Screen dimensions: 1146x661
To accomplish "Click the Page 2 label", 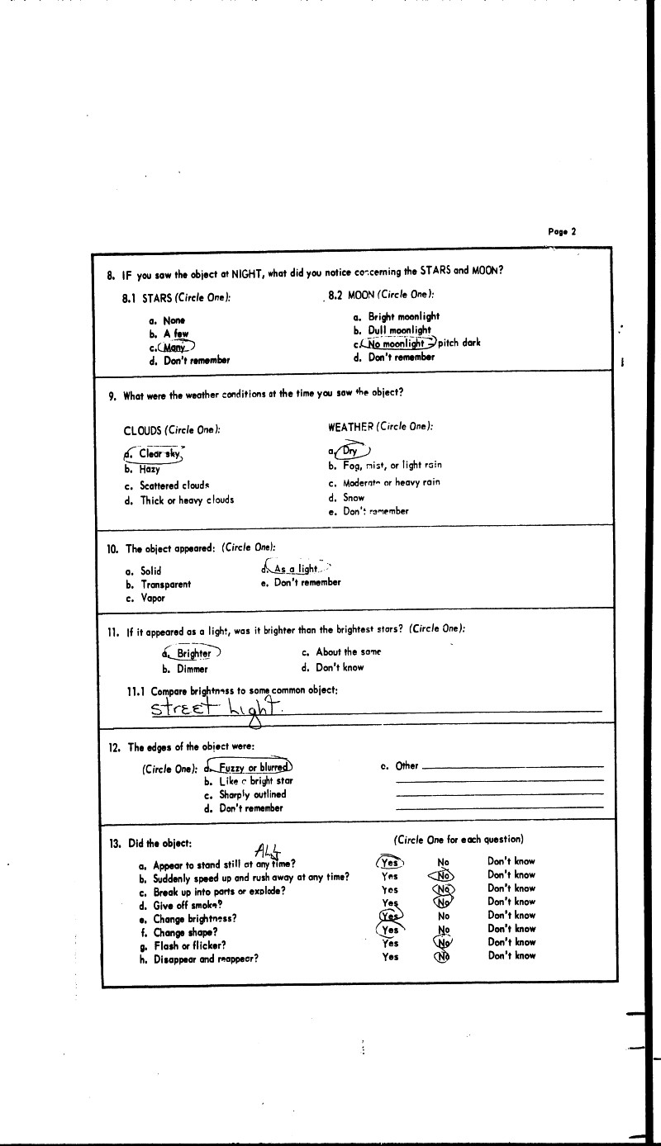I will pyautogui.click(x=562, y=232).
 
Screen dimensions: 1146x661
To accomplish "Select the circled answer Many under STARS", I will pyautogui.click(x=174, y=347).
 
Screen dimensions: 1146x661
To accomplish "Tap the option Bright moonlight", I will pyautogui.click(x=403, y=316).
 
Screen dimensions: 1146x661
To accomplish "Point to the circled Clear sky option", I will pyautogui.click(x=157, y=454).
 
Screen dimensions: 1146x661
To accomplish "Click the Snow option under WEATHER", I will pyautogui.click(x=354, y=498).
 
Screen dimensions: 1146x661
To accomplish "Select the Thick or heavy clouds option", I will pyautogui.click(x=186, y=500).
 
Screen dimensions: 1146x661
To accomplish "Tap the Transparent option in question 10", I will pyautogui.click(x=165, y=585).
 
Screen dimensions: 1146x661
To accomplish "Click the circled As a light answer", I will pyautogui.click(x=295, y=569).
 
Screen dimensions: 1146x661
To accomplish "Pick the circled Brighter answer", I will pyautogui.click(x=193, y=653).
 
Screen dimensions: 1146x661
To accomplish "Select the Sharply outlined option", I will pyautogui.click(x=252, y=794).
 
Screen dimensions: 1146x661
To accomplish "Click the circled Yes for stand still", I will pyautogui.click(x=390, y=862).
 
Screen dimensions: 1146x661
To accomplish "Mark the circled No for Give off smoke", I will pyautogui.click(x=444, y=902).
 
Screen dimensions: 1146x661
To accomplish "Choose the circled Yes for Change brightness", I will pyautogui.click(x=390, y=916).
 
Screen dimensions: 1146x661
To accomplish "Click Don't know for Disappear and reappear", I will pyautogui.click(x=511, y=956).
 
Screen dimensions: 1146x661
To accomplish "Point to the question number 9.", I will pyautogui.click(x=112, y=395).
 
